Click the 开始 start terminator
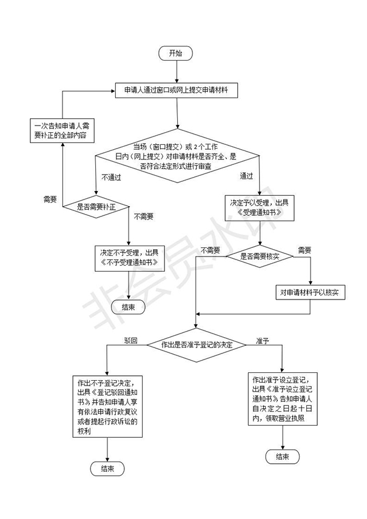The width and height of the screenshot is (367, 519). tap(176, 53)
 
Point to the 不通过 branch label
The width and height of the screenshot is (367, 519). tap(112, 178)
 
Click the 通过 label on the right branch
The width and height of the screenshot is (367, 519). tap(246, 176)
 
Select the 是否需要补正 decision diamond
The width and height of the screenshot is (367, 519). tap(96, 207)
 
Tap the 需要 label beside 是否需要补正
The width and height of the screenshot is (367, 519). tap(50, 199)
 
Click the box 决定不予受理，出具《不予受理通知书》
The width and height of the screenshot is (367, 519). tap(129, 258)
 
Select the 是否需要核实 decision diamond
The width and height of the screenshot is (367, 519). tap(260, 257)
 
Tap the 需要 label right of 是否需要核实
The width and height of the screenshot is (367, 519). tap(304, 249)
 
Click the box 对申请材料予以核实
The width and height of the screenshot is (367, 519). tap(309, 292)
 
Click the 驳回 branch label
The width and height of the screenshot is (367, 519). tap(132, 340)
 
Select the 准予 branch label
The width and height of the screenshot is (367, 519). tap(263, 340)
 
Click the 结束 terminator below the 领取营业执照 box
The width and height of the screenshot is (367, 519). tap(282, 456)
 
